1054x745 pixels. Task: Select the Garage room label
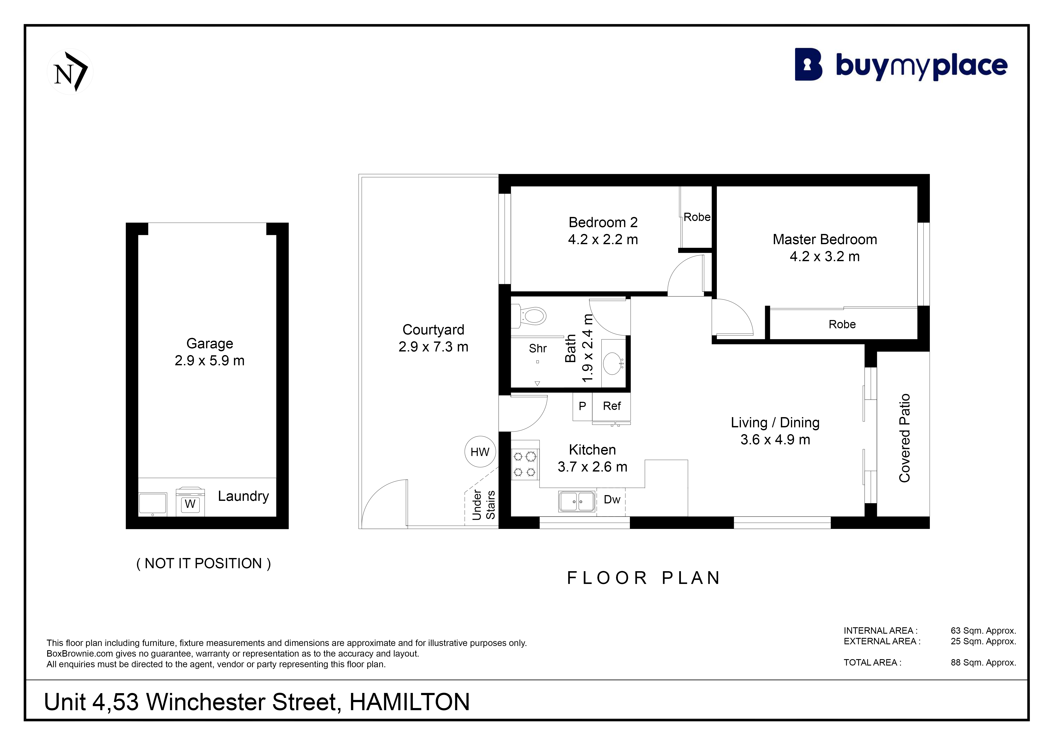tap(210, 344)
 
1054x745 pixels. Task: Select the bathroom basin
tap(613, 363)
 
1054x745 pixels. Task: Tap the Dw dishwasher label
tap(612, 500)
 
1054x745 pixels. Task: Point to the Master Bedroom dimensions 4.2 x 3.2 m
tap(824, 256)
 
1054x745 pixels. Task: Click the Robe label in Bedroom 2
tap(697, 217)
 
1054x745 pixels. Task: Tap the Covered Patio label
tap(904, 438)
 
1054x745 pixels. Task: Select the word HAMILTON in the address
tap(409, 702)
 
